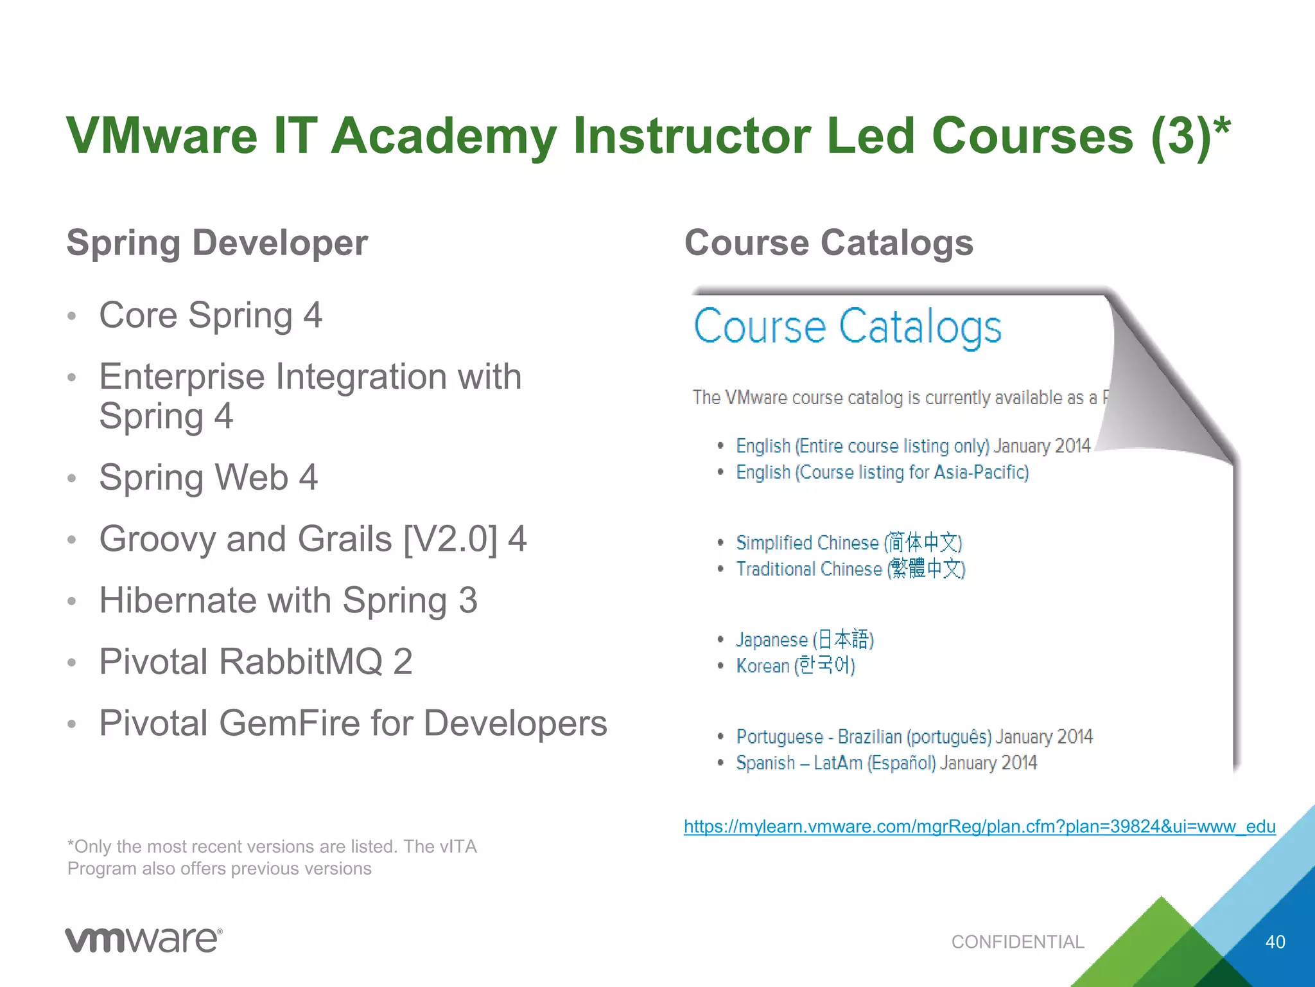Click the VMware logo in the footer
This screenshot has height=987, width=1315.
[144, 940]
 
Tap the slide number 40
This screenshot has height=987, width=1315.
[1275, 942]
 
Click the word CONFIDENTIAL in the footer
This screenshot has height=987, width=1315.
[1017, 942]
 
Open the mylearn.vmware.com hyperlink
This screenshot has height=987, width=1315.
[979, 826]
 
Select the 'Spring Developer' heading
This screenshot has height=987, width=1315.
[217, 243]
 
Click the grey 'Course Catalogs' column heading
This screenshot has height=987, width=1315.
[828, 243]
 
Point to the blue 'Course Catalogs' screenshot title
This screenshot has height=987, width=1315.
[847, 326]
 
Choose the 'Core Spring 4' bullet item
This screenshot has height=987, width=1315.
[211, 316]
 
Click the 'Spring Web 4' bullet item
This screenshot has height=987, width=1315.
[208, 477]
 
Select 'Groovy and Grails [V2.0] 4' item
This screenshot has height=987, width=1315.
[313, 538]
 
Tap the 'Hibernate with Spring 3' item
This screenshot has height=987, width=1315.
[288, 600]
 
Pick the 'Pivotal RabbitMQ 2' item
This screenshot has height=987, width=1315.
[256, 661]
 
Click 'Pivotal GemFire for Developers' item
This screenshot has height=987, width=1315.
[353, 723]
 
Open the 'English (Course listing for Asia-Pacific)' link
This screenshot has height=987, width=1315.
[882, 472]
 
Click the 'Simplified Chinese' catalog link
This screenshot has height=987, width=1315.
[849, 543]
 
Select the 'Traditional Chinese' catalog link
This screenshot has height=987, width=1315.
[851, 569]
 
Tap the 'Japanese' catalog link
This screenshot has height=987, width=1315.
[805, 640]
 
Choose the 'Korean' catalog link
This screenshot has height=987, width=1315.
[796, 666]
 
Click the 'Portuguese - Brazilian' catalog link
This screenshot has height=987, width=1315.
[914, 736]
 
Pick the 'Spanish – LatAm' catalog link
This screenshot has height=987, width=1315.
[886, 763]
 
